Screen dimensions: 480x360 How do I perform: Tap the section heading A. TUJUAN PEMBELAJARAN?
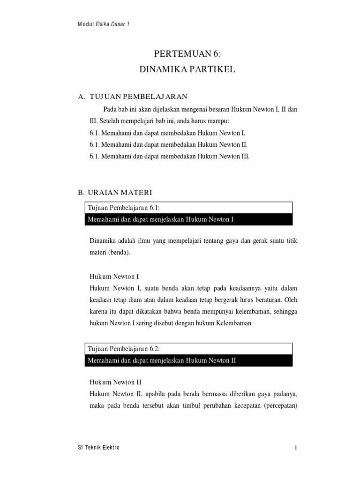(132, 97)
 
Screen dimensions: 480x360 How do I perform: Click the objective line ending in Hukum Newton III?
(169, 157)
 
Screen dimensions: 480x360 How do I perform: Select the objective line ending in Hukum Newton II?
(168, 145)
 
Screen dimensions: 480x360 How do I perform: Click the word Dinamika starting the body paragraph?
(103, 241)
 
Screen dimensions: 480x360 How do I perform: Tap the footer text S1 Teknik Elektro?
(98, 448)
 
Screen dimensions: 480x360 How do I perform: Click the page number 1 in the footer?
(296, 448)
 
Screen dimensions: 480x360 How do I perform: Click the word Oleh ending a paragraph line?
(291, 299)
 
